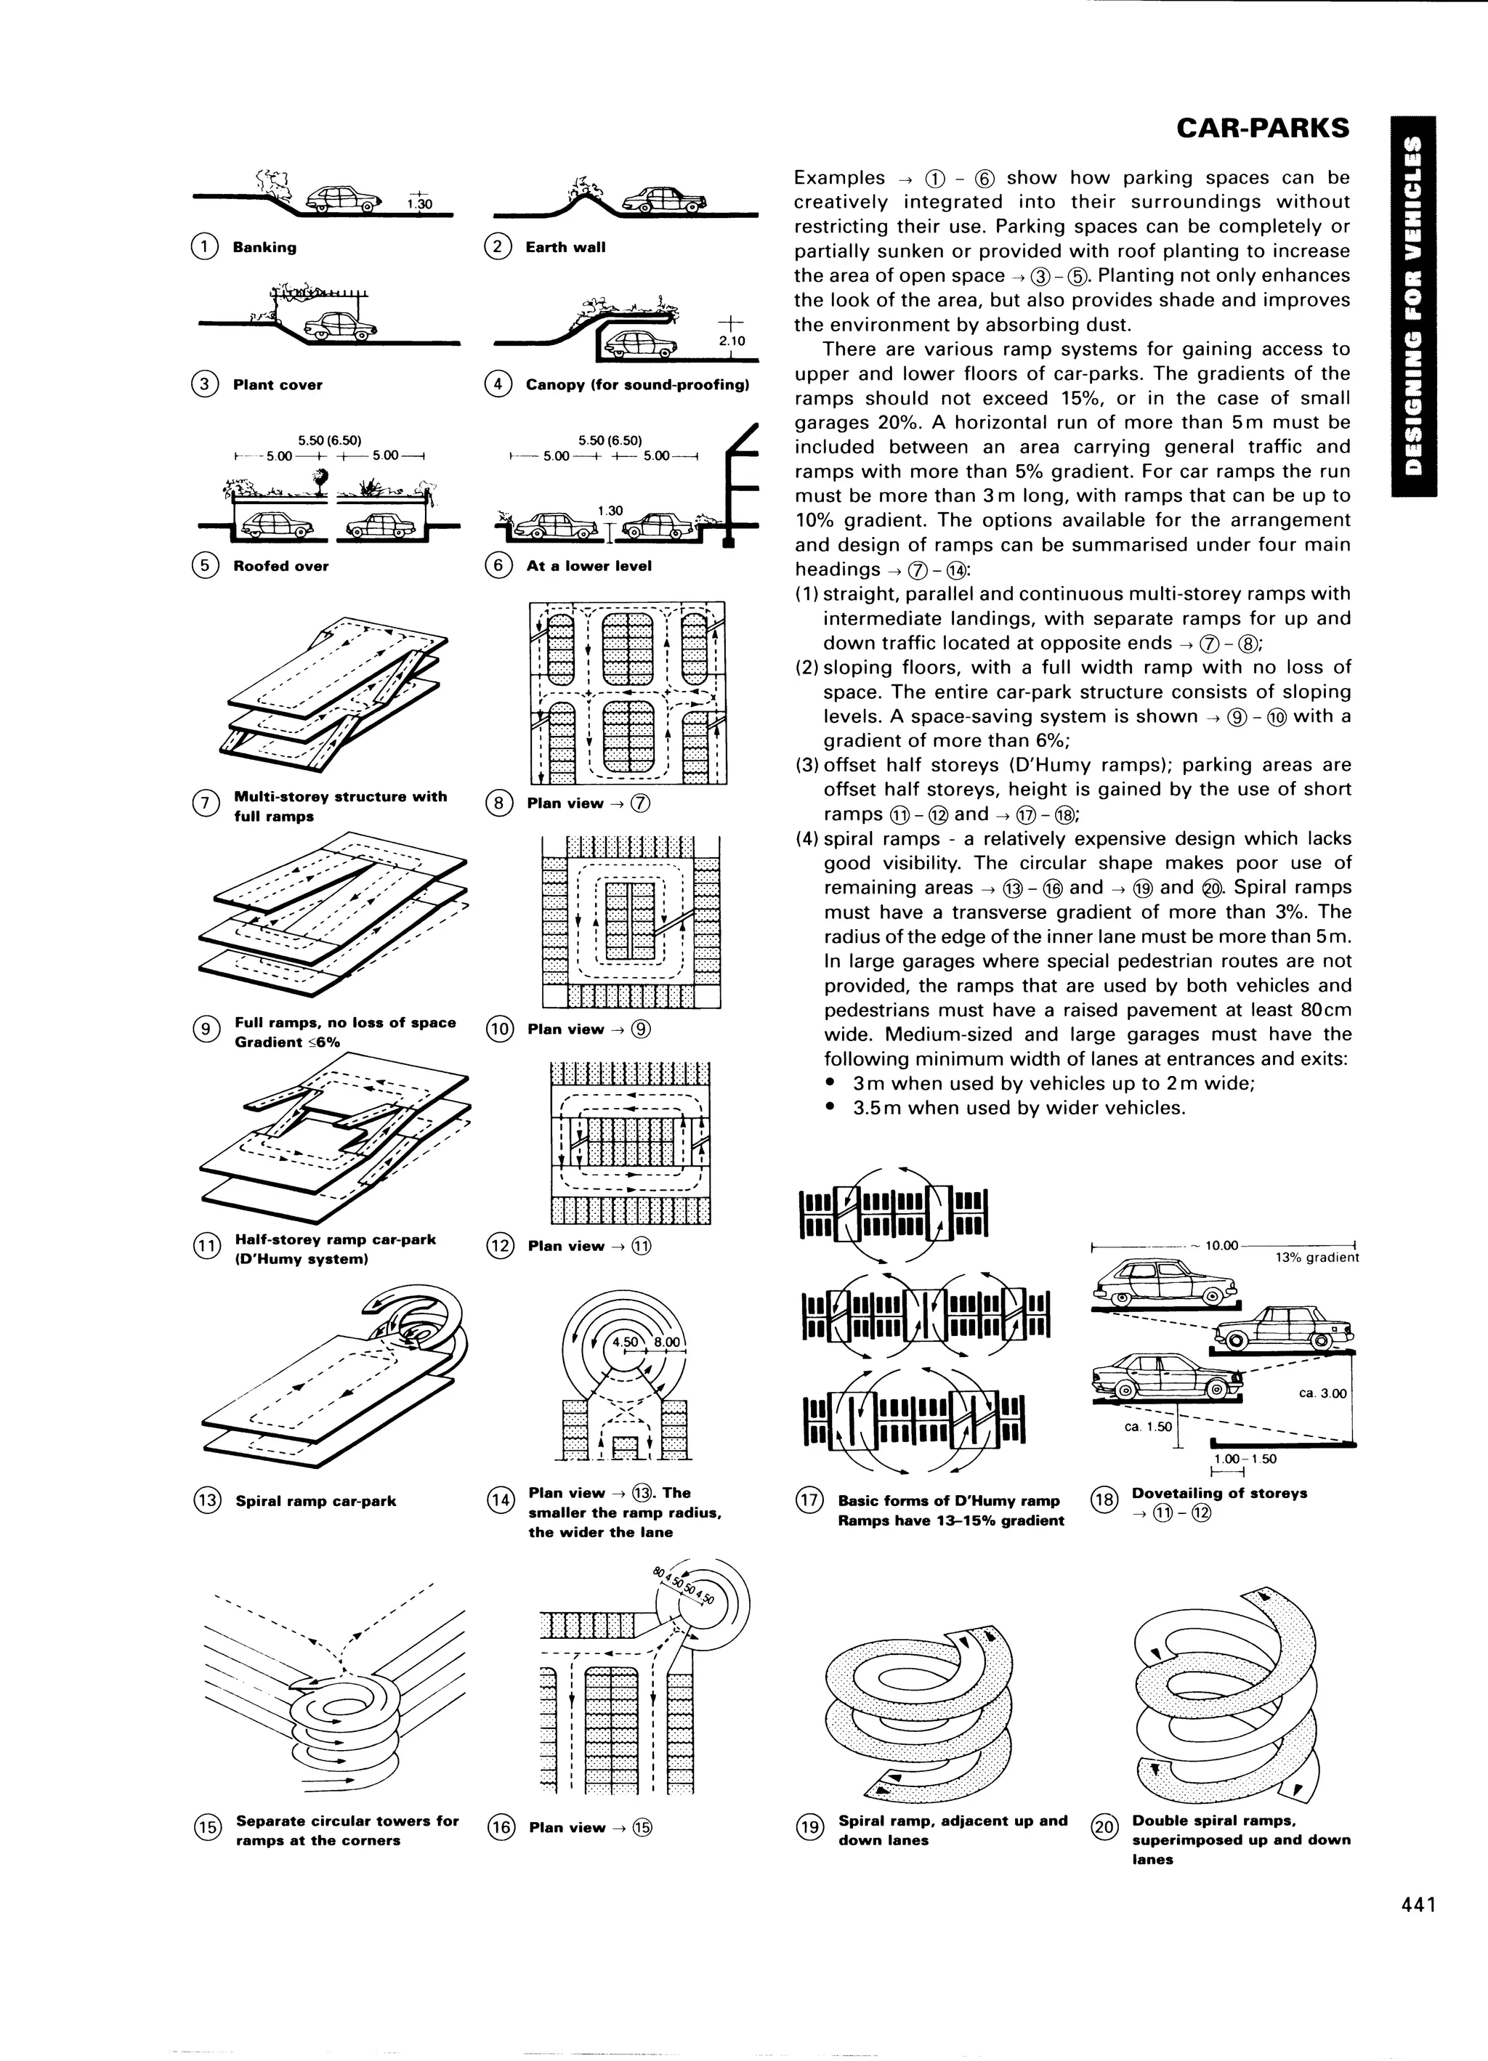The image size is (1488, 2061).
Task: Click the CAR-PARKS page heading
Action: [x=1263, y=128]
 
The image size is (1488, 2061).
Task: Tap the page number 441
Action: [x=1417, y=1930]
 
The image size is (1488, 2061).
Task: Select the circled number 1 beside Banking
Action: [x=204, y=247]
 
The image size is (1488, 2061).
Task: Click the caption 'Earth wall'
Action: [x=565, y=247]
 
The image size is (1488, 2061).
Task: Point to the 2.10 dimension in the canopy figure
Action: [x=731, y=341]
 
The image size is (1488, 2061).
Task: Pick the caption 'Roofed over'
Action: [x=281, y=566]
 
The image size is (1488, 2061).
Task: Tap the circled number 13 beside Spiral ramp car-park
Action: [x=207, y=1500]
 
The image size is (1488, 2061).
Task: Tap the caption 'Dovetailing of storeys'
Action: [x=1219, y=1493]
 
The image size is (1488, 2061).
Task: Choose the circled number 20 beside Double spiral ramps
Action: [x=1103, y=1826]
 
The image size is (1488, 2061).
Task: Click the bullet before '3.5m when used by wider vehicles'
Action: [x=830, y=1108]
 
